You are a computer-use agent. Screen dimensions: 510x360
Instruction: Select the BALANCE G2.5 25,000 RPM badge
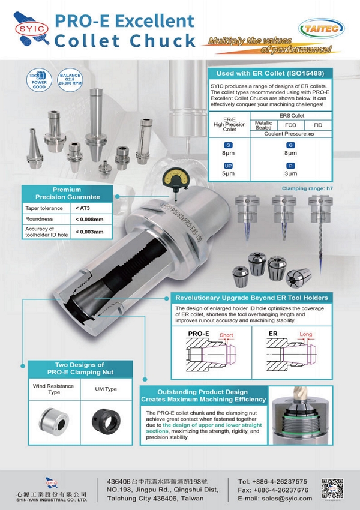(x=68, y=80)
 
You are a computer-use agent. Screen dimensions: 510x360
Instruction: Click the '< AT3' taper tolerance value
(x=84, y=208)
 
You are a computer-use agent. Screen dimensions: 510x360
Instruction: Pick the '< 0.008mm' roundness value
(x=90, y=219)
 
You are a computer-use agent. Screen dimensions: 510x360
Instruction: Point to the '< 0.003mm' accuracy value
(x=90, y=232)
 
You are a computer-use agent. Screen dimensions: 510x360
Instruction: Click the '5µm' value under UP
(x=229, y=174)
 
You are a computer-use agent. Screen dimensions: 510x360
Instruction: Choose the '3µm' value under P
(x=290, y=174)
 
